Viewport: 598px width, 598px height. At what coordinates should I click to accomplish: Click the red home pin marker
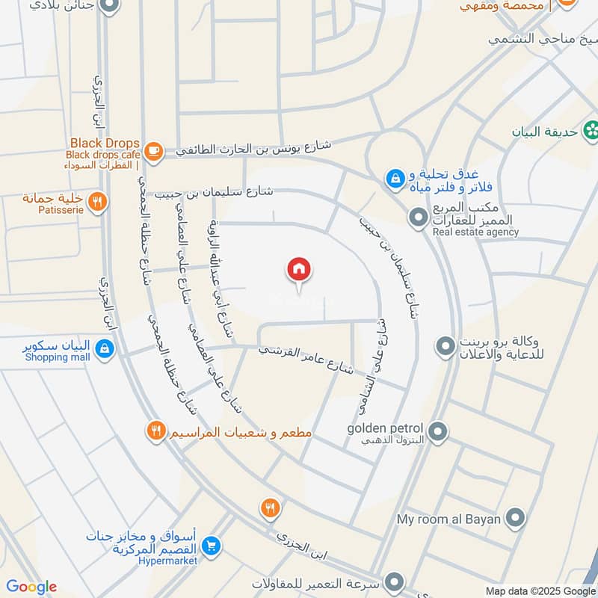tap(299, 270)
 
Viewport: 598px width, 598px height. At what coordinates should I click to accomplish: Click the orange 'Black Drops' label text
tap(105, 143)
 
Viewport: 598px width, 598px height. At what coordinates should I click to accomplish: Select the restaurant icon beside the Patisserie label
tap(96, 200)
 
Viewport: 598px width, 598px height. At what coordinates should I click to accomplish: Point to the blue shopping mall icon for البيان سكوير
tap(105, 348)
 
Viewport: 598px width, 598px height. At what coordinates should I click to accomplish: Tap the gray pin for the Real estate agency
tap(416, 218)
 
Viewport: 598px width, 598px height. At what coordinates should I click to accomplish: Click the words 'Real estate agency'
tap(475, 232)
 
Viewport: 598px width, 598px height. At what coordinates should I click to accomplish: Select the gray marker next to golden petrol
tap(439, 431)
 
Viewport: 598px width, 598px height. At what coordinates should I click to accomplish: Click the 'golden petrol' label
tap(385, 429)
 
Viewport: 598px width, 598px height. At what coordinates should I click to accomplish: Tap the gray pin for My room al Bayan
tap(515, 517)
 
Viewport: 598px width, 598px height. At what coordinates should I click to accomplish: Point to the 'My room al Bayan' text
tap(450, 518)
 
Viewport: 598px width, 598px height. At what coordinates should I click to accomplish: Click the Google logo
tap(31, 587)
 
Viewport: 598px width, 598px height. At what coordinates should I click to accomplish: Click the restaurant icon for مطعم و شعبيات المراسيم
tap(155, 431)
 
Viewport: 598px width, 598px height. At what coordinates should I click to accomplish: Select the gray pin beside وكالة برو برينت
tap(446, 346)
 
